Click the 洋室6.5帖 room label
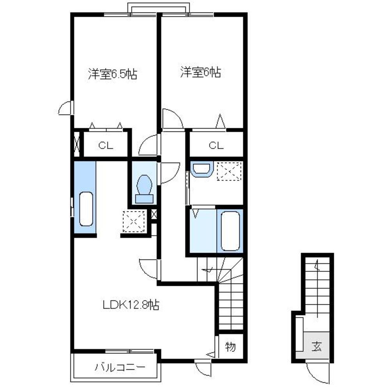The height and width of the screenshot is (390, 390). pyautogui.click(x=113, y=73)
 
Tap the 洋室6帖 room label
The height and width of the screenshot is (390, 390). pyautogui.click(x=201, y=72)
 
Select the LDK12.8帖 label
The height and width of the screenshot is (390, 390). pyautogui.click(x=131, y=305)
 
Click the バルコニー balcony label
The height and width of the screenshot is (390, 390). pyautogui.click(x=120, y=367)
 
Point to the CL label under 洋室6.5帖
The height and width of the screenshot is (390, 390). pyautogui.click(x=106, y=145)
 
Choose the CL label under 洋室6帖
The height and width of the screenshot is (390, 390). pyautogui.click(x=216, y=145)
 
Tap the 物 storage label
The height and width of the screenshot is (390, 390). pyautogui.click(x=230, y=346)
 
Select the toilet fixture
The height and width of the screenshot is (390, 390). pyautogui.click(x=144, y=189)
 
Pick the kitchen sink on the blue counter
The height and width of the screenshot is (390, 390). pyautogui.click(x=86, y=209)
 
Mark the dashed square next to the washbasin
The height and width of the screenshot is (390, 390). pyautogui.click(x=229, y=171)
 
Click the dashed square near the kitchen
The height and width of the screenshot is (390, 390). pyautogui.click(x=134, y=222)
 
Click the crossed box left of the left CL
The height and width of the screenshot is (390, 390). pyautogui.click(x=77, y=144)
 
